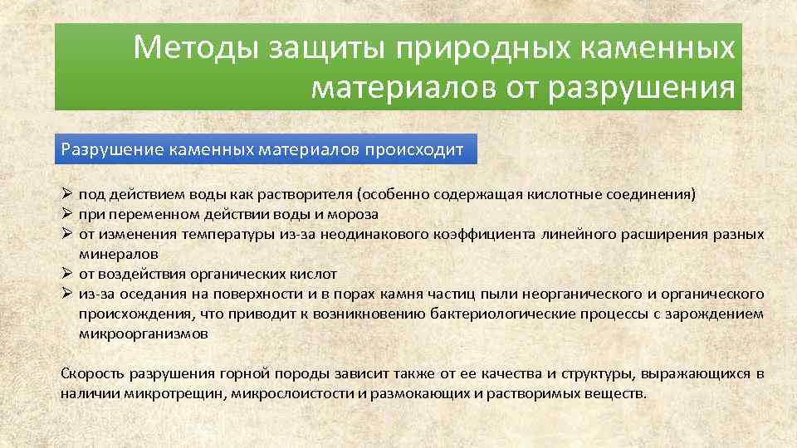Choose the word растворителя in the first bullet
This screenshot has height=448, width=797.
coord(302,195)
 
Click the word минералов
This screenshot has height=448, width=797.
coord(118,254)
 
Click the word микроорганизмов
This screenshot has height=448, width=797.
coord(144,334)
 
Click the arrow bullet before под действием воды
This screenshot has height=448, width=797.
coord(67,195)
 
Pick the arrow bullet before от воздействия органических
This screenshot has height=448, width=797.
coord(67,274)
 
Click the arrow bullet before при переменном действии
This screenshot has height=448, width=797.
coord(67,214)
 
